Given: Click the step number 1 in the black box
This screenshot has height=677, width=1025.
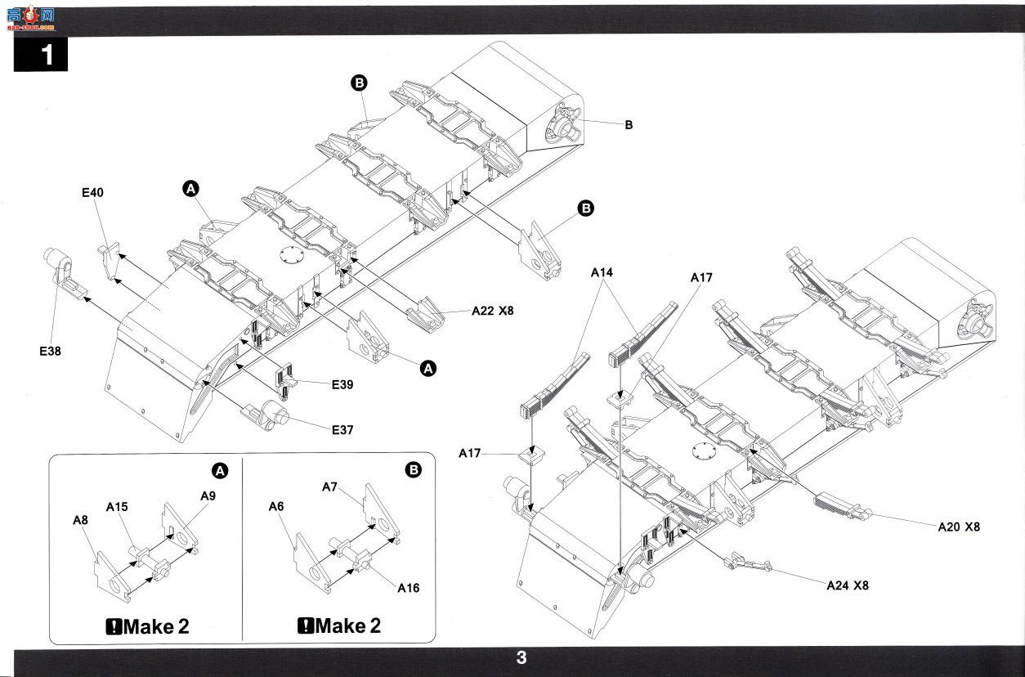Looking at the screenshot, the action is [47, 55].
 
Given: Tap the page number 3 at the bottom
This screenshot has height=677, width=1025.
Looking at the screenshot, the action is [521, 657].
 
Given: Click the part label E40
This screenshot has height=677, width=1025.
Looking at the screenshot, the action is [92, 193].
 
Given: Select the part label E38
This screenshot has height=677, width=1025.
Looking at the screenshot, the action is [50, 351].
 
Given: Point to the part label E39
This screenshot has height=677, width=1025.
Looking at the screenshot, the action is [342, 384].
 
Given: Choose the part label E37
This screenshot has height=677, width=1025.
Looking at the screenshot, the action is [342, 430].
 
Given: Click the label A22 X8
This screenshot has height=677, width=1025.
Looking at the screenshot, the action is [492, 311].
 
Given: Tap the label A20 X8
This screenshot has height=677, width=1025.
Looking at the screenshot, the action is [959, 527].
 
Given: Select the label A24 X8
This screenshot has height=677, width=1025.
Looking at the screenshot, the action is [848, 585].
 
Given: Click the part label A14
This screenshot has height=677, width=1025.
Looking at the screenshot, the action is [602, 272].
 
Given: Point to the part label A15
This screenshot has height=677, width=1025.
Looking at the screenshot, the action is [117, 507].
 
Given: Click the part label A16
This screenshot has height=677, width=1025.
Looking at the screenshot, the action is [408, 588].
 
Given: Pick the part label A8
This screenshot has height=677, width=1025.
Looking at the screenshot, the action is [80, 520].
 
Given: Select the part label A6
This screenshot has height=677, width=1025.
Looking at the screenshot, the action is [276, 506].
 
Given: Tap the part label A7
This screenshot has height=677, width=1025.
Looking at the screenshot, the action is [329, 486].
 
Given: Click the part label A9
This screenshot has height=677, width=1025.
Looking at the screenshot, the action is [208, 495].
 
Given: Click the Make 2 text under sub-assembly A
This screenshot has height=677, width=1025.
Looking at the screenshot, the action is [155, 626].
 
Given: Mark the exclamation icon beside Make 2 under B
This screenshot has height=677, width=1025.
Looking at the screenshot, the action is [305, 625].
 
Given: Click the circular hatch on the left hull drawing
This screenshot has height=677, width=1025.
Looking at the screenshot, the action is [291, 255].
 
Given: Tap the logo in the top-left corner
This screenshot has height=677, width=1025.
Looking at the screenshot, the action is [31, 18].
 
